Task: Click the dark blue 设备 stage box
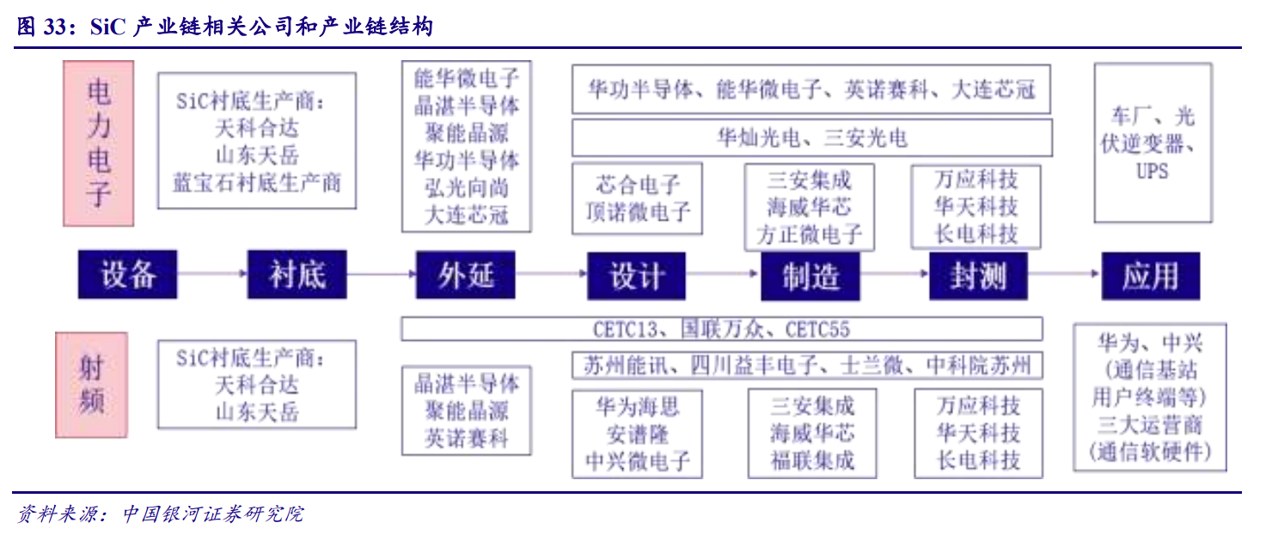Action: tap(127, 275)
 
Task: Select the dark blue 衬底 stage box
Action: tap(297, 275)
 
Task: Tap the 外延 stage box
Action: tap(466, 275)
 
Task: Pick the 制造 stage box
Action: tap(810, 276)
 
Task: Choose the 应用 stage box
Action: tap(1150, 276)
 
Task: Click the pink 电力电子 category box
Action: tap(99, 143)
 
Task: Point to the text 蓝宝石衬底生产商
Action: tap(257, 183)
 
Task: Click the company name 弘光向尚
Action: tap(467, 188)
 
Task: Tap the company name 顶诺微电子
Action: tap(638, 211)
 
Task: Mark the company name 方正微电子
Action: tap(810, 234)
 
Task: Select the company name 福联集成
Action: tap(812, 460)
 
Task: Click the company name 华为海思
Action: tap(638, 406)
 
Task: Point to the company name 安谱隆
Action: tap(638, 434)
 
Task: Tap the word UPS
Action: tap(1152, 171)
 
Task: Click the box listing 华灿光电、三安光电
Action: tap(811, 137)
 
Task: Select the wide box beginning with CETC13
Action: tap(721, 329)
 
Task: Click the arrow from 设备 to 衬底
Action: tap(212, 275)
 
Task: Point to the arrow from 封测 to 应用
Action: tap(1066, 275)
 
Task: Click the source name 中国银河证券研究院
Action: tap(212, 514)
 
